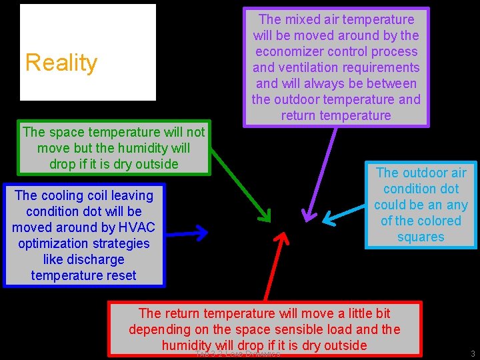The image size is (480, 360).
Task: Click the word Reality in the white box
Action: click(61, 63)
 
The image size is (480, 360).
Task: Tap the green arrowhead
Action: click(265, 215)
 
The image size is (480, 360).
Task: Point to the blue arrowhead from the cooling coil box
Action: click(199, 233)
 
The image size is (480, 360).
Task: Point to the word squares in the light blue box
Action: click(421, 237)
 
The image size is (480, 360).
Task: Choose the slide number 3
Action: click(472, 353)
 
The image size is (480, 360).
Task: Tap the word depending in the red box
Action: click(161, 329)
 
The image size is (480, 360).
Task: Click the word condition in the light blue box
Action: click(421, 189)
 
